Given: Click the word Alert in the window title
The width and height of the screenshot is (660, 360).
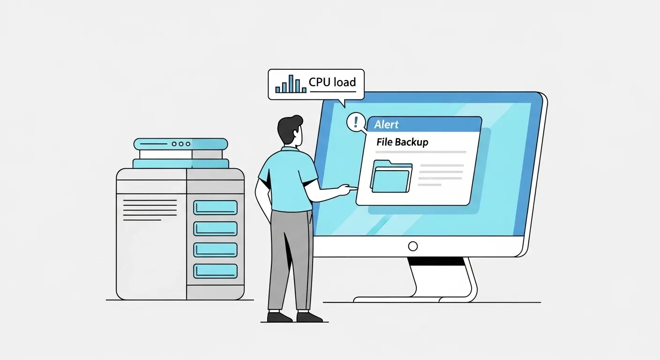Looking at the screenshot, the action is coord(386,125).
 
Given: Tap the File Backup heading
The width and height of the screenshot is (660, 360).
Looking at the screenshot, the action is coord(403,142).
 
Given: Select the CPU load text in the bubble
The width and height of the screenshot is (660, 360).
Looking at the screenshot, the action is coord(332,82).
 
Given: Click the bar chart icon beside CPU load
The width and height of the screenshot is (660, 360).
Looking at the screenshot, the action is coord(291,84).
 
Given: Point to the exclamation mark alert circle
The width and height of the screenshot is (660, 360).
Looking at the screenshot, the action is coord(356,122).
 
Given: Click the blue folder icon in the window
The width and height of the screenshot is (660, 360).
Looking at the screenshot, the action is coord(391,176).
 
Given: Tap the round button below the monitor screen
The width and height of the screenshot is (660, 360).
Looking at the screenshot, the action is coord(413,246).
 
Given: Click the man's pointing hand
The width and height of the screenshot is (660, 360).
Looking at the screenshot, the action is coord(348,189).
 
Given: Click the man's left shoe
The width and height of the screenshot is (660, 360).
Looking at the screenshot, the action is coord(279,317).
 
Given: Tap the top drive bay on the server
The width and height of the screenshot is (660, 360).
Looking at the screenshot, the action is coord(215,207).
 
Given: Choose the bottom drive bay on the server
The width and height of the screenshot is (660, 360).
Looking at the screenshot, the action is coord(215,271).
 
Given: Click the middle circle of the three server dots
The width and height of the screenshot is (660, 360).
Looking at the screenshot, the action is coord(181,144).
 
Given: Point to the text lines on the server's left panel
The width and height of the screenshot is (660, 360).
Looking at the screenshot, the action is coord(150,210).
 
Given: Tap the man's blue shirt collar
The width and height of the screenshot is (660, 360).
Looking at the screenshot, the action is coord(290,149).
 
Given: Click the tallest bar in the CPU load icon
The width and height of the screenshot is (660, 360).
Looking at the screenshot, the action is coord(291,83).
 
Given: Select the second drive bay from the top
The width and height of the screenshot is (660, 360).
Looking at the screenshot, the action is coord(215,229).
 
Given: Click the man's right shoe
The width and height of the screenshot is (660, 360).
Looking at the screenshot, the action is coord(309,317).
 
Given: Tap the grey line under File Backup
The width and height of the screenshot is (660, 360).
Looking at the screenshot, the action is coord(421,152).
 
